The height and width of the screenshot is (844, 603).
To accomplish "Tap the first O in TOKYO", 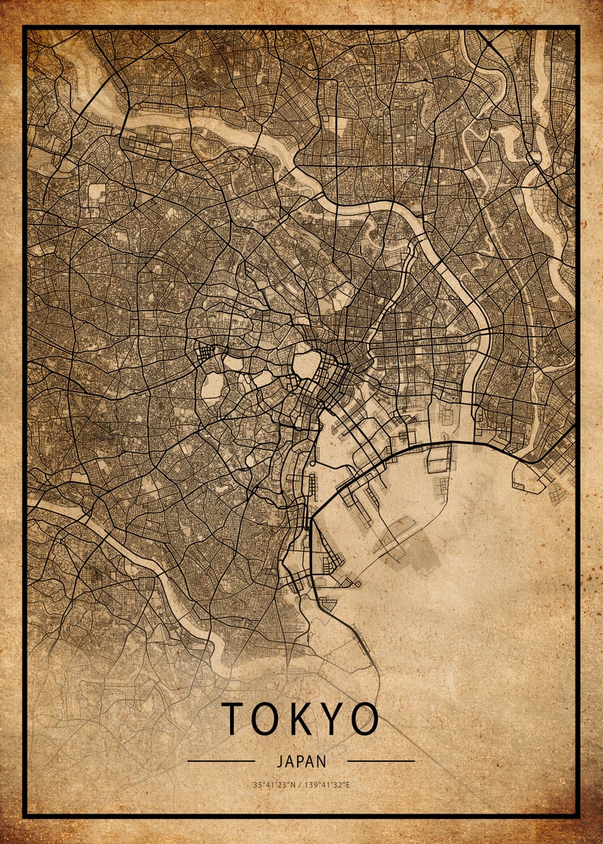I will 268,719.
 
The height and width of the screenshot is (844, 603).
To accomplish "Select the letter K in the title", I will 304,719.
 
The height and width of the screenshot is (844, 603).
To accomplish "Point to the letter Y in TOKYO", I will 335,719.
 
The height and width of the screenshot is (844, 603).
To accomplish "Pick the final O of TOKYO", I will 365,719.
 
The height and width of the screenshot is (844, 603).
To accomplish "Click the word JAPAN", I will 301,761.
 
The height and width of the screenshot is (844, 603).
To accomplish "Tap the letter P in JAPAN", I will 301,761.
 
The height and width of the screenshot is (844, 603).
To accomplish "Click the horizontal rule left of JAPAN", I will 221,761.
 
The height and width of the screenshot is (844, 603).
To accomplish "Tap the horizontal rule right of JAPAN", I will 381,761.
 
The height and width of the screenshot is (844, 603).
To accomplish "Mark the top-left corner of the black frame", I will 24,27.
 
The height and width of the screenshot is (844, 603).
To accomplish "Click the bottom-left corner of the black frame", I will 24,816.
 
